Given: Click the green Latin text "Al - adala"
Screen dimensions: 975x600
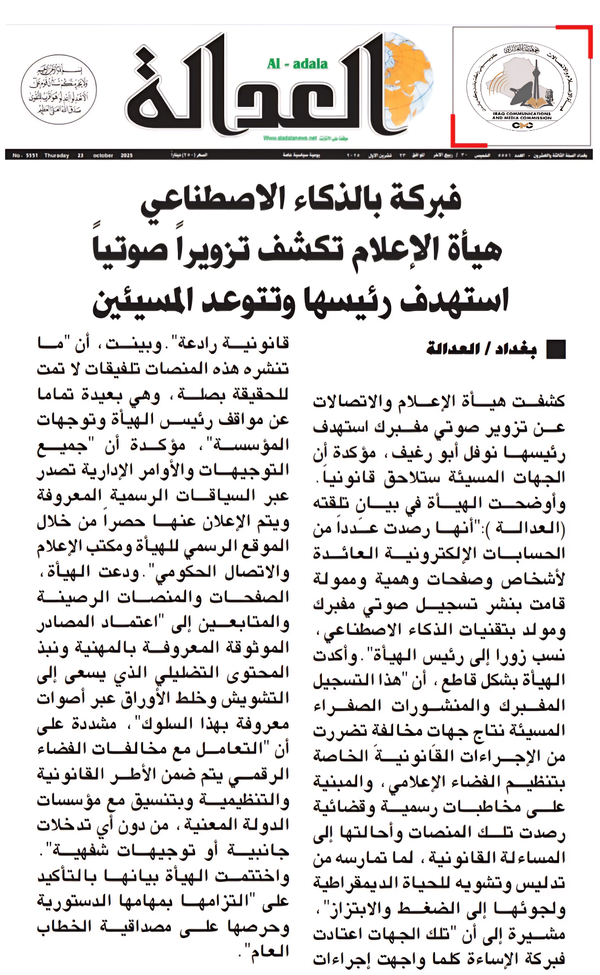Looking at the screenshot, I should (297, 64).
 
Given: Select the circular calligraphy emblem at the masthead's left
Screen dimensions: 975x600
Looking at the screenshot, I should (58, 90).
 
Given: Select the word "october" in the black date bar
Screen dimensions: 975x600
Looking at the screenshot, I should (103, 156).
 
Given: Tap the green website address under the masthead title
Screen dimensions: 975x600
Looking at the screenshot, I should (290, 138).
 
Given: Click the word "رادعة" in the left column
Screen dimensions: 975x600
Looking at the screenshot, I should (197, 344).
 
